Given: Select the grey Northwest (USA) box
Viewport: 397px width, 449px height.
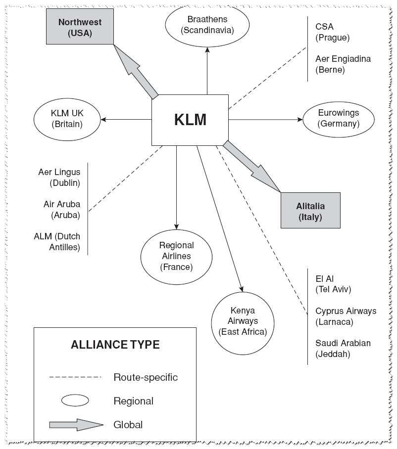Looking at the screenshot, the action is pyautogui.click(x=80, y=26).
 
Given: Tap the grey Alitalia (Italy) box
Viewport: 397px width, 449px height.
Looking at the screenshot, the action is pyautogui.click(x=310, y=211).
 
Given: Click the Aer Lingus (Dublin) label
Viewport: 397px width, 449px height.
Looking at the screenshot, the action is pyautogui.click(x=59, y=178).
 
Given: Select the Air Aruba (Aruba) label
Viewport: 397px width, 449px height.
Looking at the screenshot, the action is pyautogui.click(x=61, y=210).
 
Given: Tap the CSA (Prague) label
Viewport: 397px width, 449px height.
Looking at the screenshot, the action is pyautogui.click(x=333, y=32).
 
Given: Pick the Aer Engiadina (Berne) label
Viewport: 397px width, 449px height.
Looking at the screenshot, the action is pyautogui.click(x=343, y=64).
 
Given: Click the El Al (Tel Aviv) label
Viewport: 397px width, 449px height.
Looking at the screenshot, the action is pyautogui.click(x=333, y=284).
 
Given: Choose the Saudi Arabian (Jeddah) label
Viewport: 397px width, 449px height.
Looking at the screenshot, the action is pyautogui.click(x=343, y=349).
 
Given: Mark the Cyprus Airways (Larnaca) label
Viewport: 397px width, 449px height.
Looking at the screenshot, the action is pyautogui.click(x=346, y=316).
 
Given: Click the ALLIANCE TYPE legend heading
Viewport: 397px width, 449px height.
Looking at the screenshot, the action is pyautogui.click(x=115, y=345).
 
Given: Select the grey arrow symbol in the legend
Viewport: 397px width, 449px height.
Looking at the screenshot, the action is pyautogui.click(x=76, y=425).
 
